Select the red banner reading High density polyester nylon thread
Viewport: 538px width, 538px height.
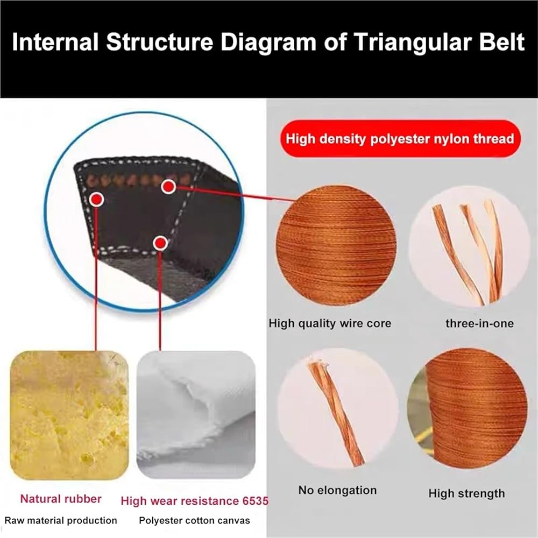[400, 139]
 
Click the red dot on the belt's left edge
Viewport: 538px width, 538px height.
[97, 200]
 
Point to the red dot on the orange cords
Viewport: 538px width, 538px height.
[168, 187]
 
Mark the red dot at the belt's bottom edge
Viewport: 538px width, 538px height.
[160, 243]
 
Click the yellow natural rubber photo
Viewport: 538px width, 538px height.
[69, 415]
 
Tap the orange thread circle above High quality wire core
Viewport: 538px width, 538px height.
[336, 245]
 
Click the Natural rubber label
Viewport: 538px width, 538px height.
[61, 499]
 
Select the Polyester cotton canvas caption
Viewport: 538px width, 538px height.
[194, 520]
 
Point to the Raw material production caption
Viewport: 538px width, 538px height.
[61, 520]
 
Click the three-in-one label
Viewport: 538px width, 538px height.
[479, 323]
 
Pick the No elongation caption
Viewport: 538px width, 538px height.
[337, 490]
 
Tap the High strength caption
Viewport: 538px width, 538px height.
[466, 493]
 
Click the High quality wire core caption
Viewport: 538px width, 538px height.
[330, 323]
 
